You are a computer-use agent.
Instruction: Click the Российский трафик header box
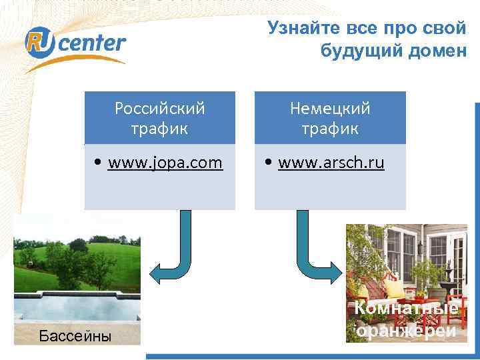[160, 118]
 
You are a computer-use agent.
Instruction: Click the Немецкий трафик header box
[330, 118]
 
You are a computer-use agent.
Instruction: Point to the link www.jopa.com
[165, 163]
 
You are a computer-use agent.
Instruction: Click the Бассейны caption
[75, 336]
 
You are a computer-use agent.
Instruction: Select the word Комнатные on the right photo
[406, 309]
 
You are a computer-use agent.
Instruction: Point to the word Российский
[160, 108]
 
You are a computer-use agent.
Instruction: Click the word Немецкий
[330, 108]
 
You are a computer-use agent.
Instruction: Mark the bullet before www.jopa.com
[99, 163]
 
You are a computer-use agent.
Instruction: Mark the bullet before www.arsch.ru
[269, 163]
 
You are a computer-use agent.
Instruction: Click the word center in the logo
[97, 44]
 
